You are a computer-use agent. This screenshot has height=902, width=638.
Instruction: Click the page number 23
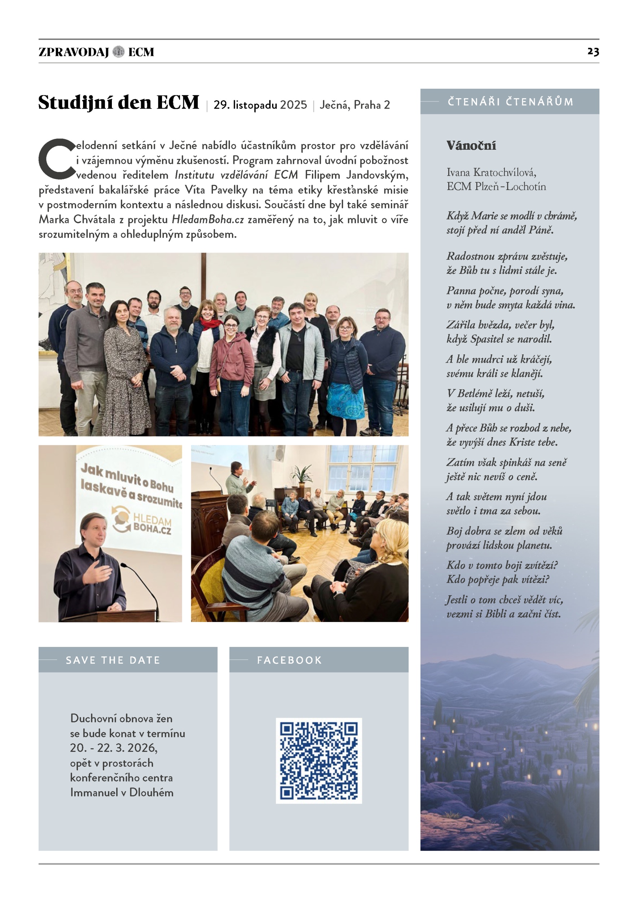pos(593,52)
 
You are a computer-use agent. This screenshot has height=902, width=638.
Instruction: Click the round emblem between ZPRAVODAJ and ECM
pos(118,52)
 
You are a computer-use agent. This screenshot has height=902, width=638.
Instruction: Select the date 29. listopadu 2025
pos(260,105)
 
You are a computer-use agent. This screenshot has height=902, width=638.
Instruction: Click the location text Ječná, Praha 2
pos(354,105)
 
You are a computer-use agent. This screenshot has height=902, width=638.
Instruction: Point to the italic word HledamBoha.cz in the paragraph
pos(208,220)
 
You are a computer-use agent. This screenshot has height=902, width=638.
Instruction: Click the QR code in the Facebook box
pos(319,761)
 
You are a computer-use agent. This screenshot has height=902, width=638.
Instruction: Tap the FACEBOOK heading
pos(289,660)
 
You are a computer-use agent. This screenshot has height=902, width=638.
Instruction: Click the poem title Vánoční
pos(471,146)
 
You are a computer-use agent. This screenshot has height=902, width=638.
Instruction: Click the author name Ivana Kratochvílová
pos(491,172)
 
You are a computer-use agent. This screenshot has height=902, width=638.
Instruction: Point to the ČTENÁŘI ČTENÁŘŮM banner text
pos(510,102)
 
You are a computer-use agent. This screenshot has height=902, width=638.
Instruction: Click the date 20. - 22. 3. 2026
pos(114,748)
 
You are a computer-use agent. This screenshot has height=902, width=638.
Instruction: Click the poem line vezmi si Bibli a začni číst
pos(503,614)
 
